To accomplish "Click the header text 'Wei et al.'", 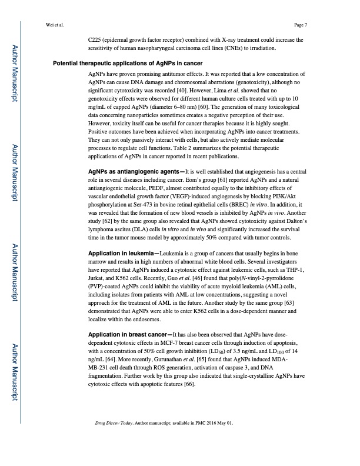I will pyautogui.click(x=55, y=25).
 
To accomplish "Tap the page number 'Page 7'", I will pyautogui.click(x=301, y=25).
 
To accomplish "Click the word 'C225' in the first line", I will pyautogui.click(x=95, y=40).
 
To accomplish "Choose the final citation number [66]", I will pyautogui.click(x=189, y=384).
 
